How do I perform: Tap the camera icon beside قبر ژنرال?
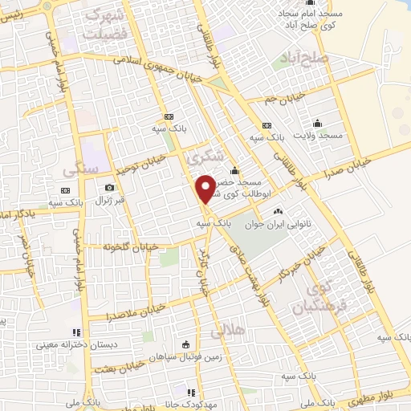(109, 187)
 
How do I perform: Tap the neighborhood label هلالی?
(227, 330)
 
